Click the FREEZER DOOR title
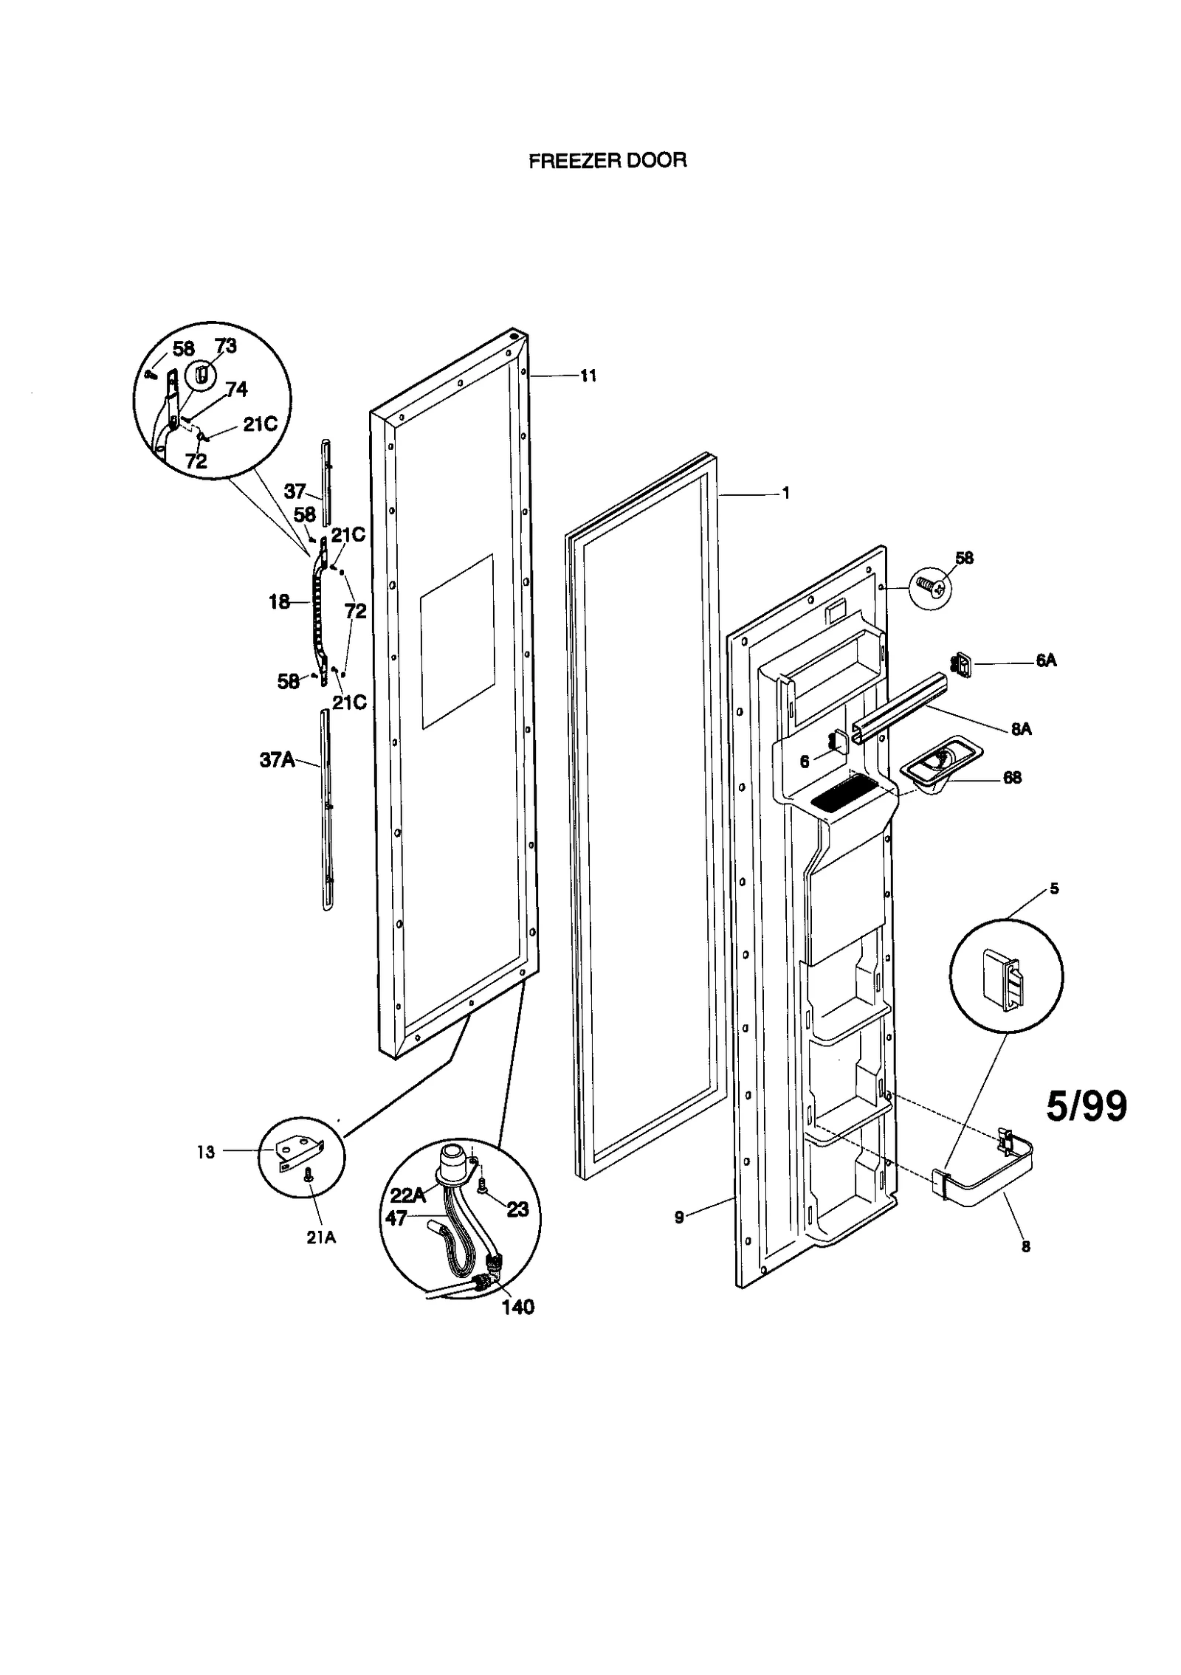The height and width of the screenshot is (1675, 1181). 607,161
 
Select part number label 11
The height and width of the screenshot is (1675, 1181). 588,376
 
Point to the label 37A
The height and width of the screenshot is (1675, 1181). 277,760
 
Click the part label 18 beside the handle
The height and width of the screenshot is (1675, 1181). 279,602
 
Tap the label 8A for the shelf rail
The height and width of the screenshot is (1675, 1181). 1021,729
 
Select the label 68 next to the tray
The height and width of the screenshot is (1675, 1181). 1012,778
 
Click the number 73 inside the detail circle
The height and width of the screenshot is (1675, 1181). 225,346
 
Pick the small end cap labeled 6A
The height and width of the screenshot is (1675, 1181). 963,665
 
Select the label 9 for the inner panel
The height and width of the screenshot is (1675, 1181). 679,1217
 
